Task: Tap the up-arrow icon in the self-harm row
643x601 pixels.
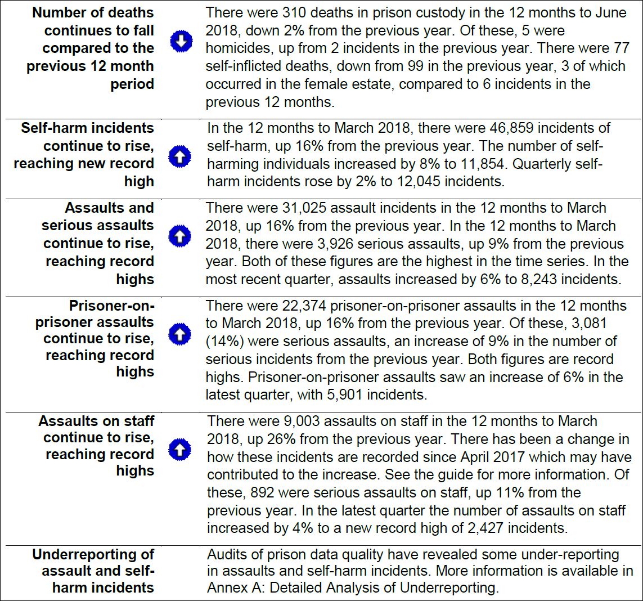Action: (x=180, y=156)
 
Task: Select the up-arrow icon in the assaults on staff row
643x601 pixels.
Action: (x=180, y=450)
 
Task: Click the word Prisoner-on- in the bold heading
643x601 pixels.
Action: (x=111, y=306)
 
